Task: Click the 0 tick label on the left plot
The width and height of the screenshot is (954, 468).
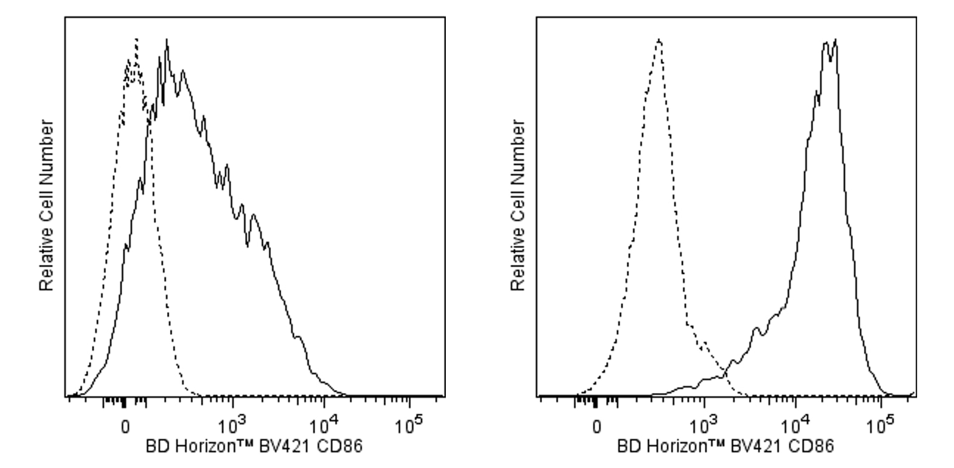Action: tap(125, 426)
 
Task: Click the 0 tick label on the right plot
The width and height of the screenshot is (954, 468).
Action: tap(596, 426)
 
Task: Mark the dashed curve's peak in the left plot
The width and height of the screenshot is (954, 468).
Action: tap(137, 39)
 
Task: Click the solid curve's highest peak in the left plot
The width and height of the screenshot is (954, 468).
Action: tap(166, 41)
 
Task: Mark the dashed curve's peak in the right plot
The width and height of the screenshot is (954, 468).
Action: tap(659, 40)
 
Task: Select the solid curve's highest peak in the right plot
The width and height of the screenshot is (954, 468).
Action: tap(835, 41)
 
